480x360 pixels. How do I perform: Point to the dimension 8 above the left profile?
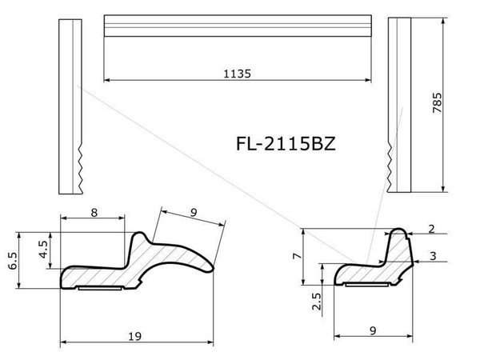pyautogui.click(x=94, y=213)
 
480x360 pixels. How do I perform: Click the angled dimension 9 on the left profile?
pyautogui.click(x=193, y=214)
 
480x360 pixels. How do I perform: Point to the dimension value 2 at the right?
pyautogui.click(x=432, y=230)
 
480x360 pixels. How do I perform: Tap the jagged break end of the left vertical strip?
pyautogui.click(x=82, y=168)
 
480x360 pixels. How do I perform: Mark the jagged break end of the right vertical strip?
pyautogui.click(x=390, y=164)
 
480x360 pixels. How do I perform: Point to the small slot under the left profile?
pyautogui.click(x=101, y=289)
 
